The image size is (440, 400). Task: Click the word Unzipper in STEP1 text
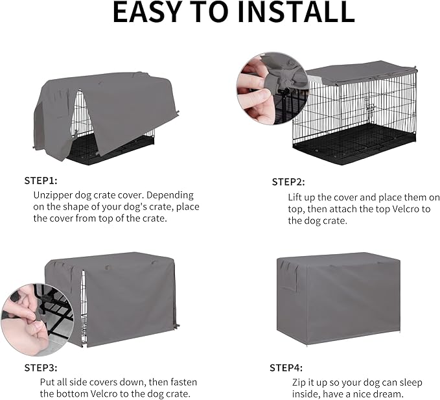tap(56, 194)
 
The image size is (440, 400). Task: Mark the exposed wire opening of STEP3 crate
tap(84, 308)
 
